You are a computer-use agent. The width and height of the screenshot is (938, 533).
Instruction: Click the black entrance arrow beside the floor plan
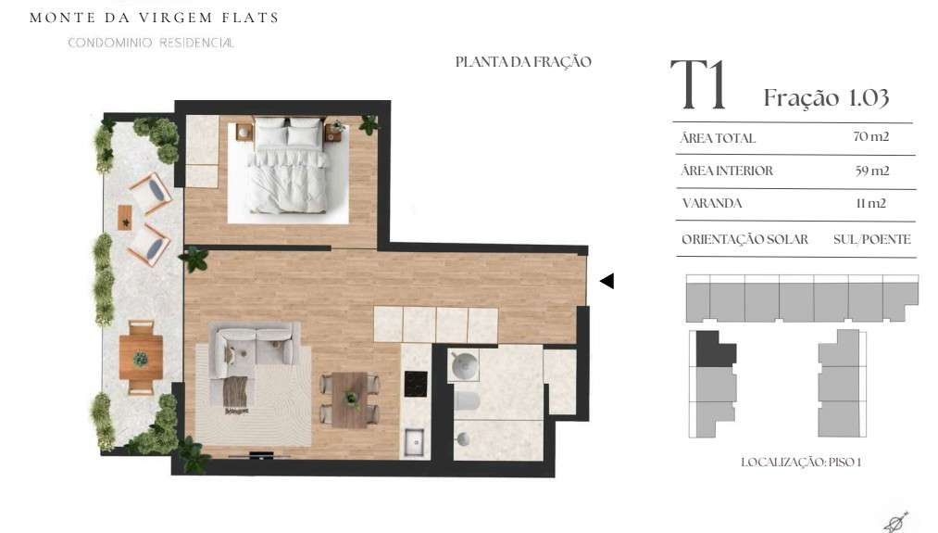(x=607, y=281)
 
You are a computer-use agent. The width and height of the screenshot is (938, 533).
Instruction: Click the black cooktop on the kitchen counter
(x=416, y=384)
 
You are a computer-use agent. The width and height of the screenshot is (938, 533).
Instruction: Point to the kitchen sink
(x=414, y=443)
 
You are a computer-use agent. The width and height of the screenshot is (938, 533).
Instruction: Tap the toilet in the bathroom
(x=466, y=401)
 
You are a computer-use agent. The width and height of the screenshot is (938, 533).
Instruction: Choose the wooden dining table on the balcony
(x=141, y=358)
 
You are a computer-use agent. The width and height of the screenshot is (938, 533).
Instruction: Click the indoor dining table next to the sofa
(x=349, y=400)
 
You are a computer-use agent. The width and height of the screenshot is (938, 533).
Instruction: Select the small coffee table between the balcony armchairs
(x=125, y=218)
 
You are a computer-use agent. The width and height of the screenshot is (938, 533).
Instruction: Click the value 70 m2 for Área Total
(x=871, y=136)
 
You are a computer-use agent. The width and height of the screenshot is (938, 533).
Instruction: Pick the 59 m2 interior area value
(x=871, y=171)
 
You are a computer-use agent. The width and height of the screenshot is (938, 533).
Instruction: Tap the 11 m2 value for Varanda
(x=871, y=203)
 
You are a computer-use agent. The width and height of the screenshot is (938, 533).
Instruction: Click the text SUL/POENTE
(x=871, y=239)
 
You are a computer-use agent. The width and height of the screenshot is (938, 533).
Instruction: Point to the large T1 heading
(x=698, y=85)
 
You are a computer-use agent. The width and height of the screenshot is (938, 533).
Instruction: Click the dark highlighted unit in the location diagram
(x=714, y=349)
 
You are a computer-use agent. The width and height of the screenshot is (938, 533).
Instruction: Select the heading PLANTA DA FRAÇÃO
(x=523, y=62)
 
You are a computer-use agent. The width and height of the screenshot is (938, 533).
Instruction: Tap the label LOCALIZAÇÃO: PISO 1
(x=801, y=463)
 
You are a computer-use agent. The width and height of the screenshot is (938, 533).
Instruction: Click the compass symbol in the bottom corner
(x=896, y=522)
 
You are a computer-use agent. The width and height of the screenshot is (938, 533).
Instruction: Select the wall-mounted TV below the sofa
(x=261, y=454)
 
